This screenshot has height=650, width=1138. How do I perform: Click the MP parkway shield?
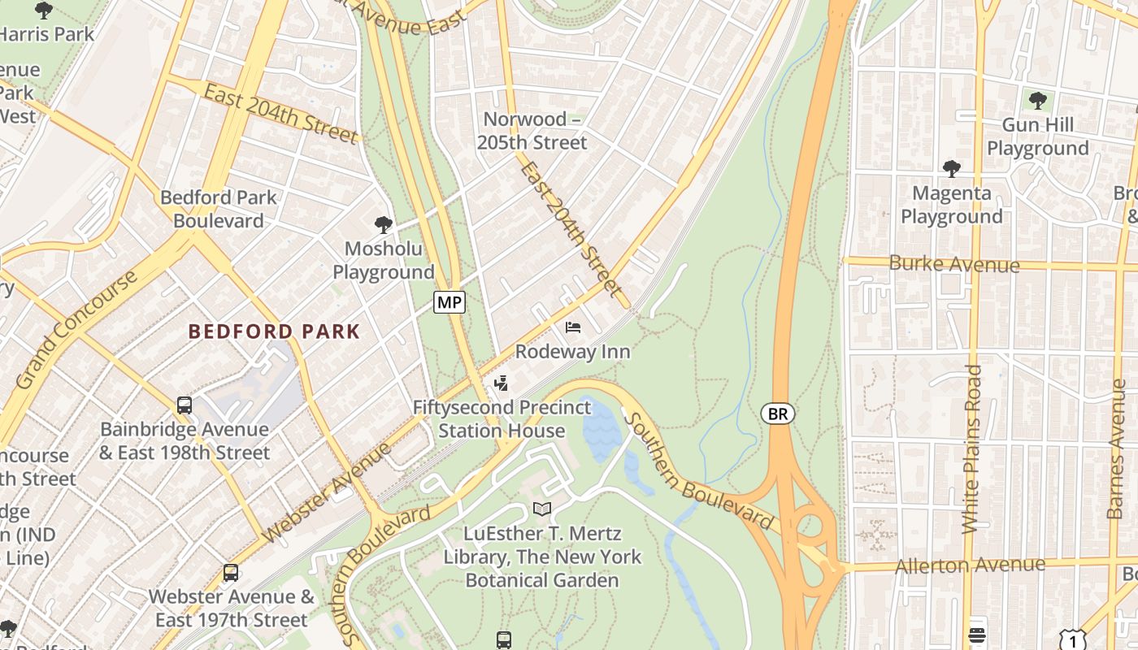pyautogui.click(x=449, y=303)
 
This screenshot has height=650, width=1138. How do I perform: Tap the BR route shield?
pyautogui.click(x=778, y=414)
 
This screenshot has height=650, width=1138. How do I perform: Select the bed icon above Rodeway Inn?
pyautogui.click(x=573, y=327)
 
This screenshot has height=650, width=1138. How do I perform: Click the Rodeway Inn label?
pyautogui.click(x=573, y=352)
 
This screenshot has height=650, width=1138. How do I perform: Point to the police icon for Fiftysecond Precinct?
pyautogui.click(x=502, y=383)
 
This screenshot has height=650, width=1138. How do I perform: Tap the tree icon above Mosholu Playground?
pyautogui.click(x=383, y=224)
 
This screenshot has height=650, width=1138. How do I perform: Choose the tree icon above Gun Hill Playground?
pyautogui.click(x=1037, y=101)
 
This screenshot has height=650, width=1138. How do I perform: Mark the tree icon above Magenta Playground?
pyautogui.click(x=951, y=169)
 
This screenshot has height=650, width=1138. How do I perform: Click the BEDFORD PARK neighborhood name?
pyautogui.click(x=274, y=331)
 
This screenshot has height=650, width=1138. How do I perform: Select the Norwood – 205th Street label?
pyautogui.click(x=535, y=131)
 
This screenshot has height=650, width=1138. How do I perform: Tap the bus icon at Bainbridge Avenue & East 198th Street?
pyautogui.click(x=185, y=405)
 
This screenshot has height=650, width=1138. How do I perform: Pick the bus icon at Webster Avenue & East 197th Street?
pyautogui.click(x=231, y=573)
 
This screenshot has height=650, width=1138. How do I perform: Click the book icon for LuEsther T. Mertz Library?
pyautogui.click(x=542, y=509)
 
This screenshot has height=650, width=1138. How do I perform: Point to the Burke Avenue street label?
pyautogui.click(x=953, y=264)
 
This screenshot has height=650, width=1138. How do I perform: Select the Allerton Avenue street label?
pyautogui.click(x=970, y=565)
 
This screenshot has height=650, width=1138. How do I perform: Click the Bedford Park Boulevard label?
pyautogui.click(x=218, y=209)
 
